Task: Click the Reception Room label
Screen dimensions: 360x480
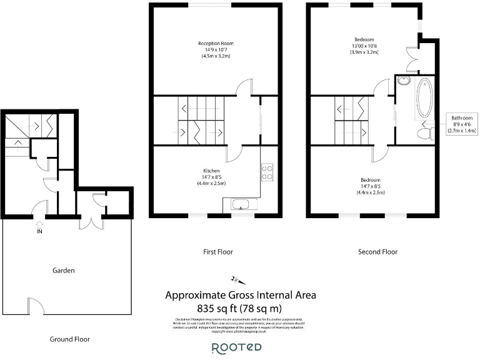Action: tap(216, 43)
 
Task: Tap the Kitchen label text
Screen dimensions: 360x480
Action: tap(211, 171)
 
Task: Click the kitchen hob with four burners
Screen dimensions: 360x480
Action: tap(267, 172)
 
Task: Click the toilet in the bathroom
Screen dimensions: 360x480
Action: tap(427, 132)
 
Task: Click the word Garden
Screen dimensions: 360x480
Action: tap(64, 271)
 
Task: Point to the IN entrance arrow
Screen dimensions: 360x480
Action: tap(40, 226)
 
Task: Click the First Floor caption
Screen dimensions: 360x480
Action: tap(217, 252)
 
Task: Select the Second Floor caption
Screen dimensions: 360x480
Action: tap(377, 252)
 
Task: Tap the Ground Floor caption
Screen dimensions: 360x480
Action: tap(70, 339)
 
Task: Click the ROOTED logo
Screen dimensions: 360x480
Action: tap(236, 347)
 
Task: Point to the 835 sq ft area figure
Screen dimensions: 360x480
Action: tap(240, 307)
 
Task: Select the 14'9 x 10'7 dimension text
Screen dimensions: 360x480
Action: tap(216, 50)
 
